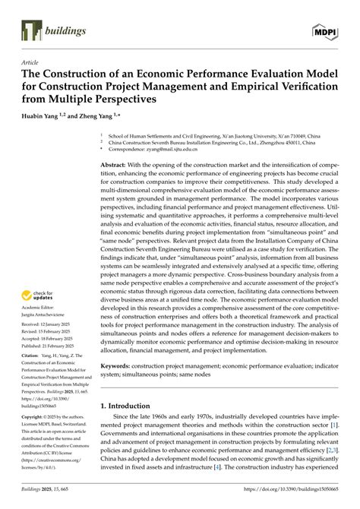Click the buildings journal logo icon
29,31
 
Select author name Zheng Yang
106,116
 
